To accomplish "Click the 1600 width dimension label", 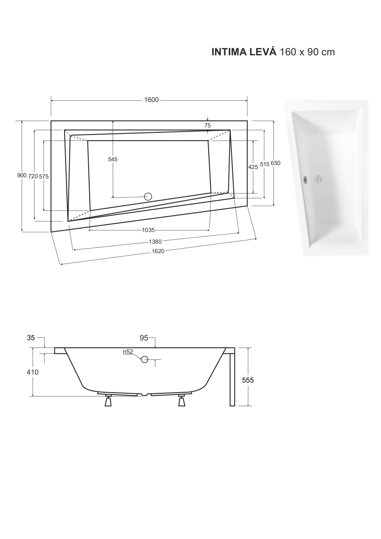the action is coord(151,100).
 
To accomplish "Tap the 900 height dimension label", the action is coord(21,175).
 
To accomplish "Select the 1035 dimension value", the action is coord(148,230).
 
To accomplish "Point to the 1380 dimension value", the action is coord(155,242).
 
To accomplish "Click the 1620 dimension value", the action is coord(158,251).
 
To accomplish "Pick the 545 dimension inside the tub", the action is coord(113,159).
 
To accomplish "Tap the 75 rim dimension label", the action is coord(208,125).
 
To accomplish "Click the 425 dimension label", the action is coord(253,167).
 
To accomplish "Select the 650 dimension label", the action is coord(275,163).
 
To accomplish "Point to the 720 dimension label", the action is coord(33,176).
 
